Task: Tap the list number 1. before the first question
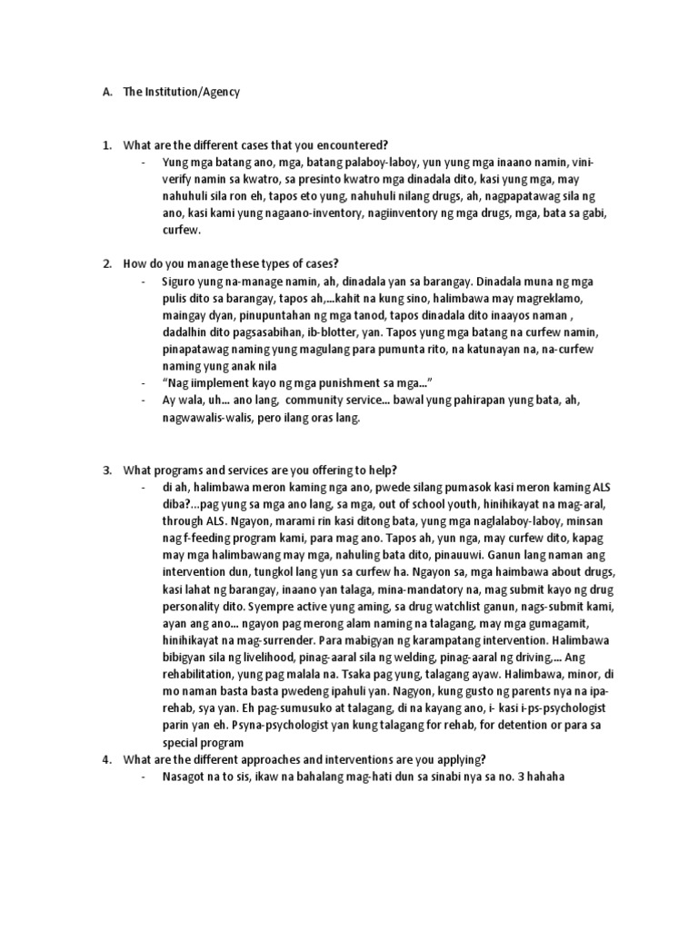point(105,145)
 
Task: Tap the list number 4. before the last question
point(105,759)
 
